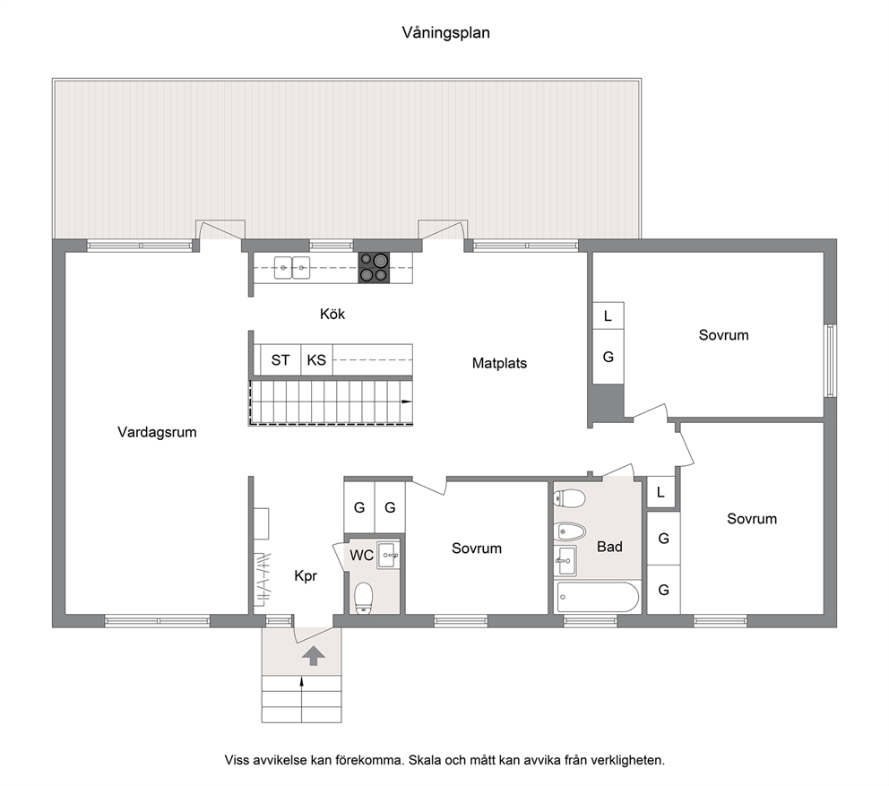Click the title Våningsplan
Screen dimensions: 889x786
coord(445,33)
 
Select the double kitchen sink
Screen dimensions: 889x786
coord(292,268)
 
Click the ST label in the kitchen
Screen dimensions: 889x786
coord(281,360)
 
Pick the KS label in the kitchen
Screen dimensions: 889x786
coord(316,360)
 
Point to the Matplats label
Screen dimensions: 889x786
coord(499,363)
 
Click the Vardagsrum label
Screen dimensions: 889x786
coord(157,432)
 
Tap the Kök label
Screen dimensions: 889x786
coord(332,314)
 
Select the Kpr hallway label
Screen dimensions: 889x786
coord(306,576)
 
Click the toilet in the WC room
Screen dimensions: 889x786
coord(363,599)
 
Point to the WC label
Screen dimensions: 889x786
coord(361,555)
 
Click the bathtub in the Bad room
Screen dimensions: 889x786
coord(598,597)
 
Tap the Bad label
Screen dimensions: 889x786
coord(609,547)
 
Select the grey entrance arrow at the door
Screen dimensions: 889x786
coord(314,656)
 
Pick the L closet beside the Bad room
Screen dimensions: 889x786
coord(661,492)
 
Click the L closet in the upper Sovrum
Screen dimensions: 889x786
coord(608,315)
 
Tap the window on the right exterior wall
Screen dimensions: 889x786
coord(831,360)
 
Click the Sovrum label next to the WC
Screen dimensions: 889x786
coord(477,548)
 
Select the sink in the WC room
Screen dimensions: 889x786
coord(388,554)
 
